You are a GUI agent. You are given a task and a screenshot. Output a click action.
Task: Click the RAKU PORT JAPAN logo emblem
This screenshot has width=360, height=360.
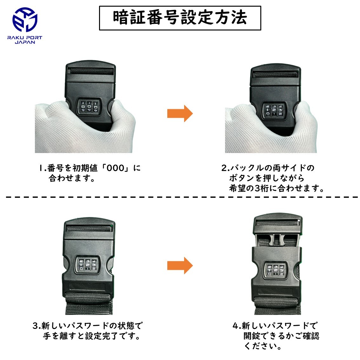point(25,19)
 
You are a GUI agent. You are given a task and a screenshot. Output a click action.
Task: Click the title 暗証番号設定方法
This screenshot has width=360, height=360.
point(180,18)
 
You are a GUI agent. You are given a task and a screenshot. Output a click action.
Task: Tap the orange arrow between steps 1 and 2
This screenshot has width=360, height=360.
point(180,113)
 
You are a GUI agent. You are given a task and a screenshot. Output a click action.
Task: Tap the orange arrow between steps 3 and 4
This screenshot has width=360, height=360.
point(180,266)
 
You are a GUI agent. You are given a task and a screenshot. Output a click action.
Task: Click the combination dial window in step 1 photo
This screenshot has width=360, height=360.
point(89,107)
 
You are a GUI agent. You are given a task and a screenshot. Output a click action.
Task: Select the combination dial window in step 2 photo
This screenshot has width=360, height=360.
point(274,110)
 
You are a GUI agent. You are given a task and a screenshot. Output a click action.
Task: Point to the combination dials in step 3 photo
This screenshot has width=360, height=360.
point(88,265)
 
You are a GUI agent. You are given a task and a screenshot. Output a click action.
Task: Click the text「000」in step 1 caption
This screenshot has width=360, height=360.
point(115,168)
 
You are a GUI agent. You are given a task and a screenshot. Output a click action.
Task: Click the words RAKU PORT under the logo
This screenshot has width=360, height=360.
point(25,38)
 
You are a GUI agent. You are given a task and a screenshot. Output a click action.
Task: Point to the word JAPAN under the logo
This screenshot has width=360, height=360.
point(25,42)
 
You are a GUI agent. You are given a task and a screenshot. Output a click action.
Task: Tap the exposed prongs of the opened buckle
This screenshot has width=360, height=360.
point(277,240)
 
